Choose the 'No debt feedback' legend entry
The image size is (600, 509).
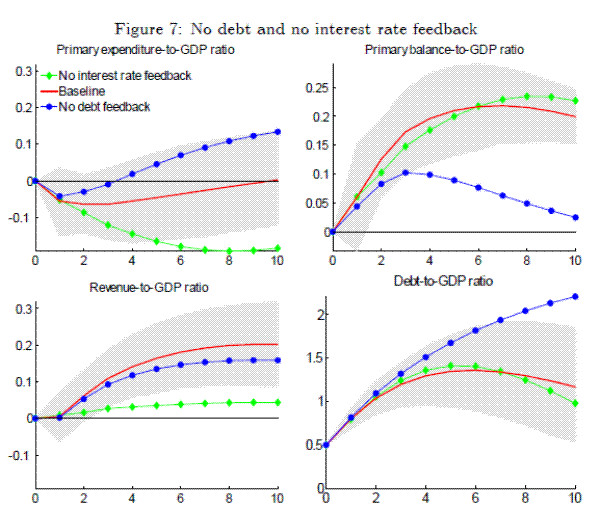pyautogui.click(x=104, y=106)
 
